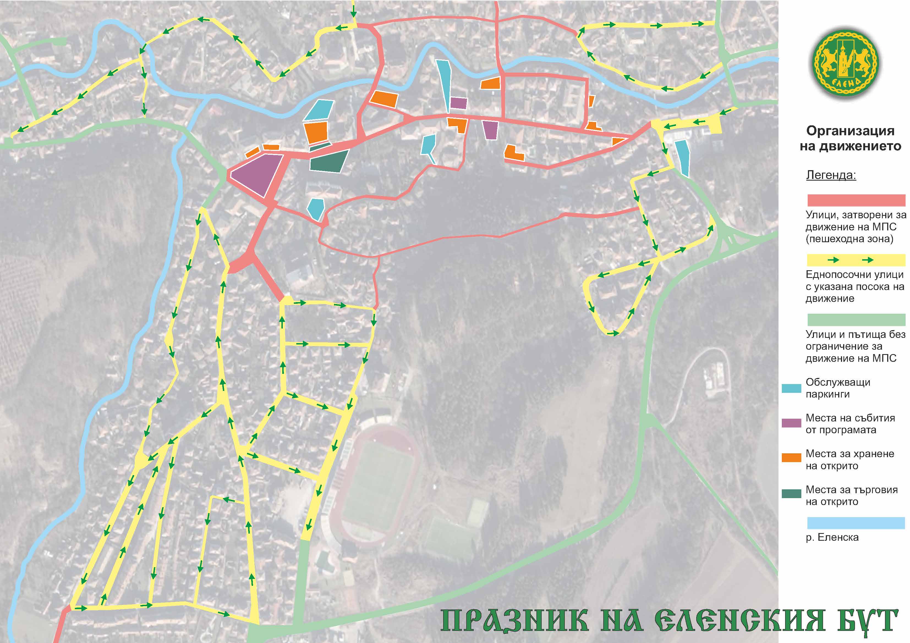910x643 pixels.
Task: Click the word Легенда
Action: (831, 175)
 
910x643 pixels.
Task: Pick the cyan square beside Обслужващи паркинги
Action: (791, 388)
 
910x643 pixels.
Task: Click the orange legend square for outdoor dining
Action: (791, 458)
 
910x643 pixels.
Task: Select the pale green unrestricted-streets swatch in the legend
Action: (856, 319)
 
